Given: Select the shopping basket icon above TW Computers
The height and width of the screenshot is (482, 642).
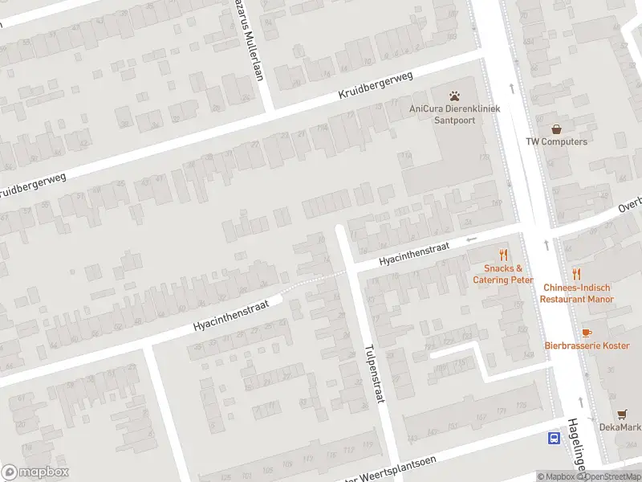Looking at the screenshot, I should click(556, 129).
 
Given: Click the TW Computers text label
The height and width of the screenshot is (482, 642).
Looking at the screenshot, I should click(556, 142).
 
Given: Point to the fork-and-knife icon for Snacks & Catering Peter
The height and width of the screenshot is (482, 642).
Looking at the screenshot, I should click(504, 255).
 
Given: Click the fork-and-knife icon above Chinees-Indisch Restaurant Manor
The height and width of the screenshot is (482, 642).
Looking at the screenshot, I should click(576, 275).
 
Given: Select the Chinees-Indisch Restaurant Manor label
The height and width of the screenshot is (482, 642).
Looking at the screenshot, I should click(576, 293).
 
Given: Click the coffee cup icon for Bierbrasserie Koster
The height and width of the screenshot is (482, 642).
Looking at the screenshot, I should click(587, 332).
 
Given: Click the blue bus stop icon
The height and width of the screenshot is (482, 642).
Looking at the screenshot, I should click(555, 438).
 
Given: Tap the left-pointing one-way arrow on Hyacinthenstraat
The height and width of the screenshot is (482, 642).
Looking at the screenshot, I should click(472, 239).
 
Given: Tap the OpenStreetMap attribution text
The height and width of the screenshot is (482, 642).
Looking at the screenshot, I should click(612, 476).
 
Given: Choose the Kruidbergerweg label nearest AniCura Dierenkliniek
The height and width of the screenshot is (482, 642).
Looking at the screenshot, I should click(376, 85).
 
